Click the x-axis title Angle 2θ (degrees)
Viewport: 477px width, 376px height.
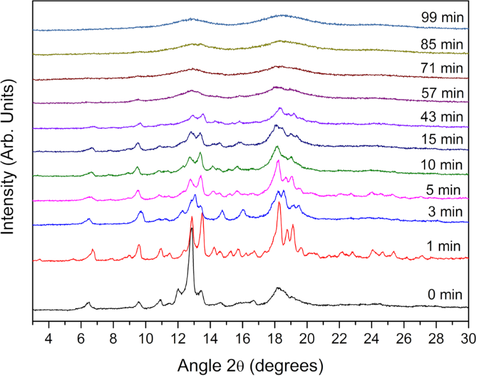(250, 363)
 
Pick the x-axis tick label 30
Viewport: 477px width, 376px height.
(468, 337)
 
